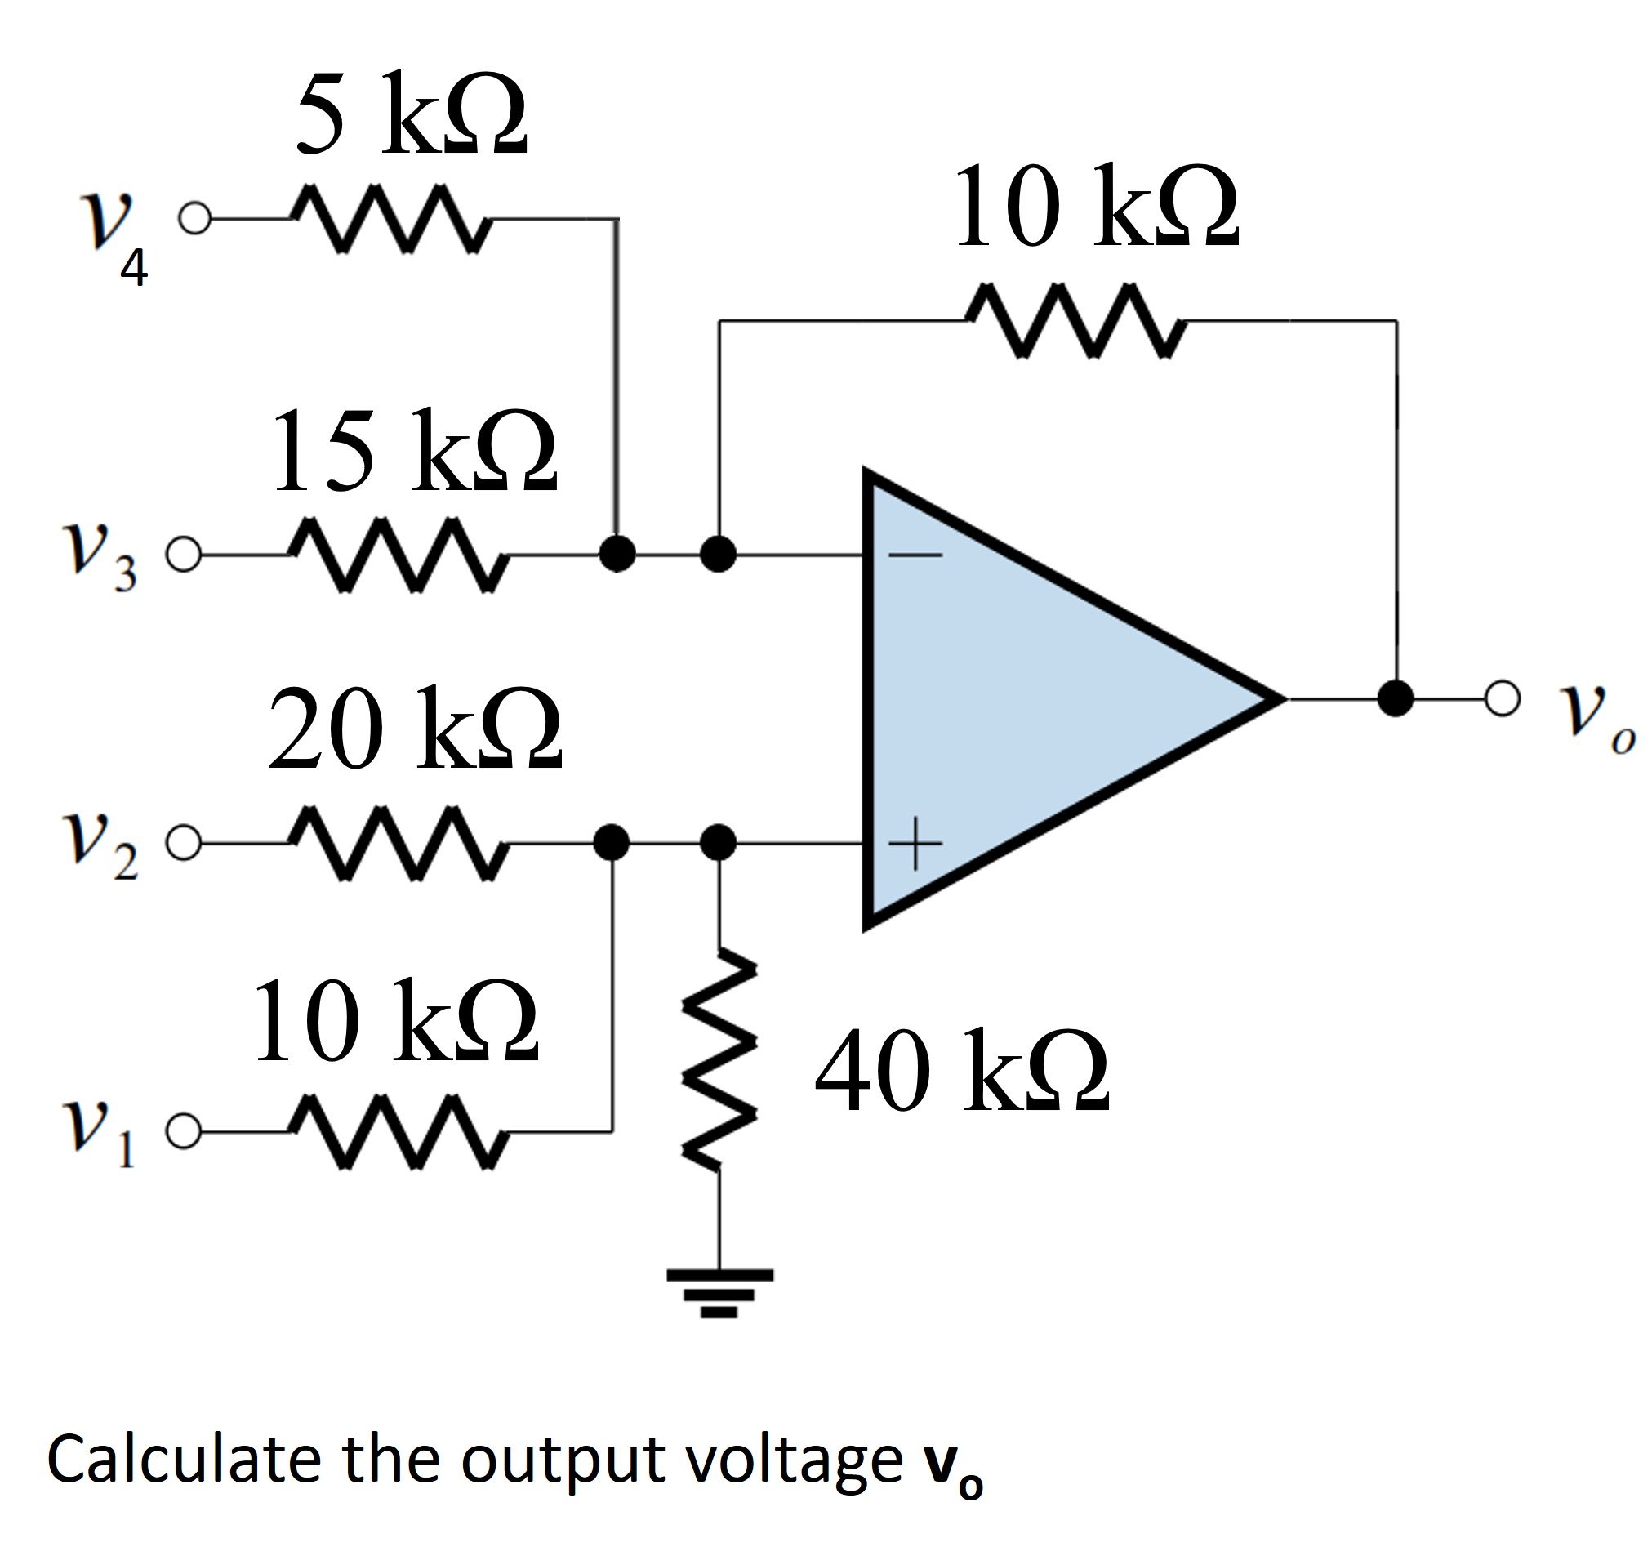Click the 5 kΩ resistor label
pos(412,114)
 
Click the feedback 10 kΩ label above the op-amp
pos(1097,205)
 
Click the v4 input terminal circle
pos(194,219)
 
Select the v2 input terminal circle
pos(183,843)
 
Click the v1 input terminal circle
pos(183,1131)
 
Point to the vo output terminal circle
pos(1503,698)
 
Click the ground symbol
pos(719,1302)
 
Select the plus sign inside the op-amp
pos(915,845)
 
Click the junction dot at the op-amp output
pos(1396,698)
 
